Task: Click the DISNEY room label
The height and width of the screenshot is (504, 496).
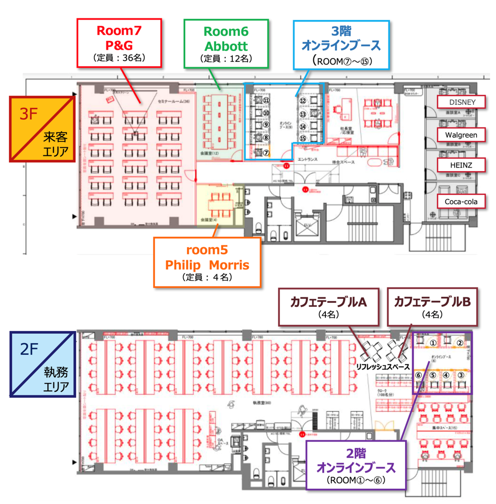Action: pos(462,102)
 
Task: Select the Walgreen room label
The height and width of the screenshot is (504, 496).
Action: pos(461,135)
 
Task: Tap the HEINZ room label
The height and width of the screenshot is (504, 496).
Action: pos(461,165)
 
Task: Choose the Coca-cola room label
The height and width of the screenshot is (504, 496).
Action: pos(461,202)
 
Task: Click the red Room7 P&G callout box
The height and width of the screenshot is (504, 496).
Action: pos(119,43)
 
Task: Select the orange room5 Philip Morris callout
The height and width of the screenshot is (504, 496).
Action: pos(207,262)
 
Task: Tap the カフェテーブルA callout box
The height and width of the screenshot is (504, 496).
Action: pos(329,307)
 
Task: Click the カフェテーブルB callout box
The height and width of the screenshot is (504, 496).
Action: pos(432,307)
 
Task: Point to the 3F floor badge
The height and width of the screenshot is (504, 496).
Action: pos(42,129)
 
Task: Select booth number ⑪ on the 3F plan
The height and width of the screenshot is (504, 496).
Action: pos(266,100)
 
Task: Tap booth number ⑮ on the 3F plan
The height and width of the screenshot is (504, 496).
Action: pos(303,139)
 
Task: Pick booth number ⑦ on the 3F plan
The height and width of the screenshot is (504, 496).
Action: pos(266,153)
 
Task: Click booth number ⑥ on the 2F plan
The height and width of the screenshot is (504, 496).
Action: pos(418,375)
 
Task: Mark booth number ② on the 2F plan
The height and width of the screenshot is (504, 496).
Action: pos(459,343)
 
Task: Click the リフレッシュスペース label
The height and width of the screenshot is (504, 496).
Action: pos(383,367)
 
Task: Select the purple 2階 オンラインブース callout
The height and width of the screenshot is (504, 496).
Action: pos(356,465)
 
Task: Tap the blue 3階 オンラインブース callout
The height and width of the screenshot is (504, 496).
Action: pos(341,45)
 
